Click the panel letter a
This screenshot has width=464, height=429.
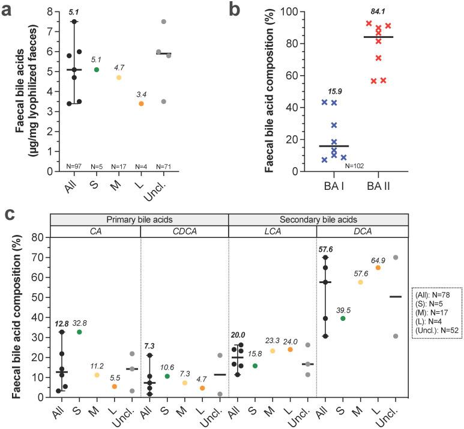pos(8,10)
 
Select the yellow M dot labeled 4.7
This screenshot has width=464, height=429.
pos(119,78)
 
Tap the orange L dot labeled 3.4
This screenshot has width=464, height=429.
pos(141,103)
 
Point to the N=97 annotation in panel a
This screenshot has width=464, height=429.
pos(74,166)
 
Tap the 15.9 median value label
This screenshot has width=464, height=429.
pos(335,91)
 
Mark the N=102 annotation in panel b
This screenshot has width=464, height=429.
pos(355,166)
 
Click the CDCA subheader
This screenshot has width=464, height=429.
pos(184,231)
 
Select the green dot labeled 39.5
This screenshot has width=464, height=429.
pos(343,318)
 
